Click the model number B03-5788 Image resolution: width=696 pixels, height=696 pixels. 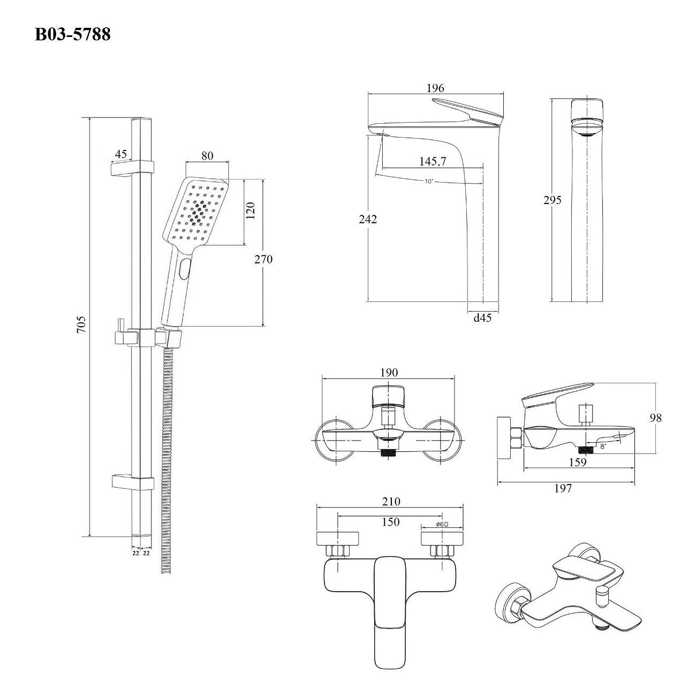click(73, 35)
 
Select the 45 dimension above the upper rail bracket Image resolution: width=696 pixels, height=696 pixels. click(121, 154)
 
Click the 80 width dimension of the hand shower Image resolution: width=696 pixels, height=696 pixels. click(207, 156)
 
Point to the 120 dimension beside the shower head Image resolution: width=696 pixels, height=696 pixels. click(251, 210)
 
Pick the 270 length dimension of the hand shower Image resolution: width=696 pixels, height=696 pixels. click(263, 259)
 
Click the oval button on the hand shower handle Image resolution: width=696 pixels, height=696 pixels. click(184, 268)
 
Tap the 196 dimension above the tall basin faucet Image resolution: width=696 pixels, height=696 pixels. click(435, 88)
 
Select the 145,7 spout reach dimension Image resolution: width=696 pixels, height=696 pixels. click(433, 161)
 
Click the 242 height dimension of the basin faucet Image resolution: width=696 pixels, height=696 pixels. click(368, 219)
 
